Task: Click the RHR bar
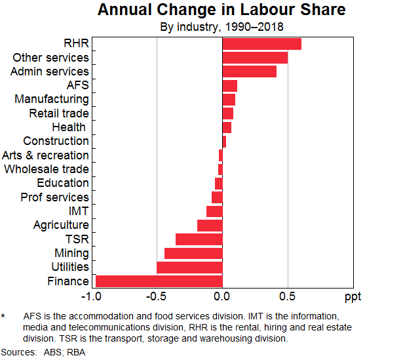[261, 44]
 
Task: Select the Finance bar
[159, 281]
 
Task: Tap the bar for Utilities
[189, 268]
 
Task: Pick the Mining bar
[193, 253]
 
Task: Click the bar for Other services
[255, 58]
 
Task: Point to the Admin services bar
[249, 71]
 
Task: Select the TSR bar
[199, 239]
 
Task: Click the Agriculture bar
[210, 226]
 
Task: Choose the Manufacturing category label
[52, 99]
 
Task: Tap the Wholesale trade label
[47, 169]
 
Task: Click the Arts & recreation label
[45, 155]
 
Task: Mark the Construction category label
[56, 141]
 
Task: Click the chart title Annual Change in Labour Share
[221, 10]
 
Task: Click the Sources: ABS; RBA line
[43, 352]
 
